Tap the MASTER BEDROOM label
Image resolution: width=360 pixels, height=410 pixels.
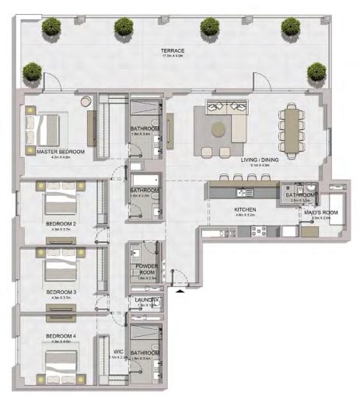click(60, 152)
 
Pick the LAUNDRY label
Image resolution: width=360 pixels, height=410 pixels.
click(146, 300)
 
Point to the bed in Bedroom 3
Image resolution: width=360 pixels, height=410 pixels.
click(59, 269)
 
